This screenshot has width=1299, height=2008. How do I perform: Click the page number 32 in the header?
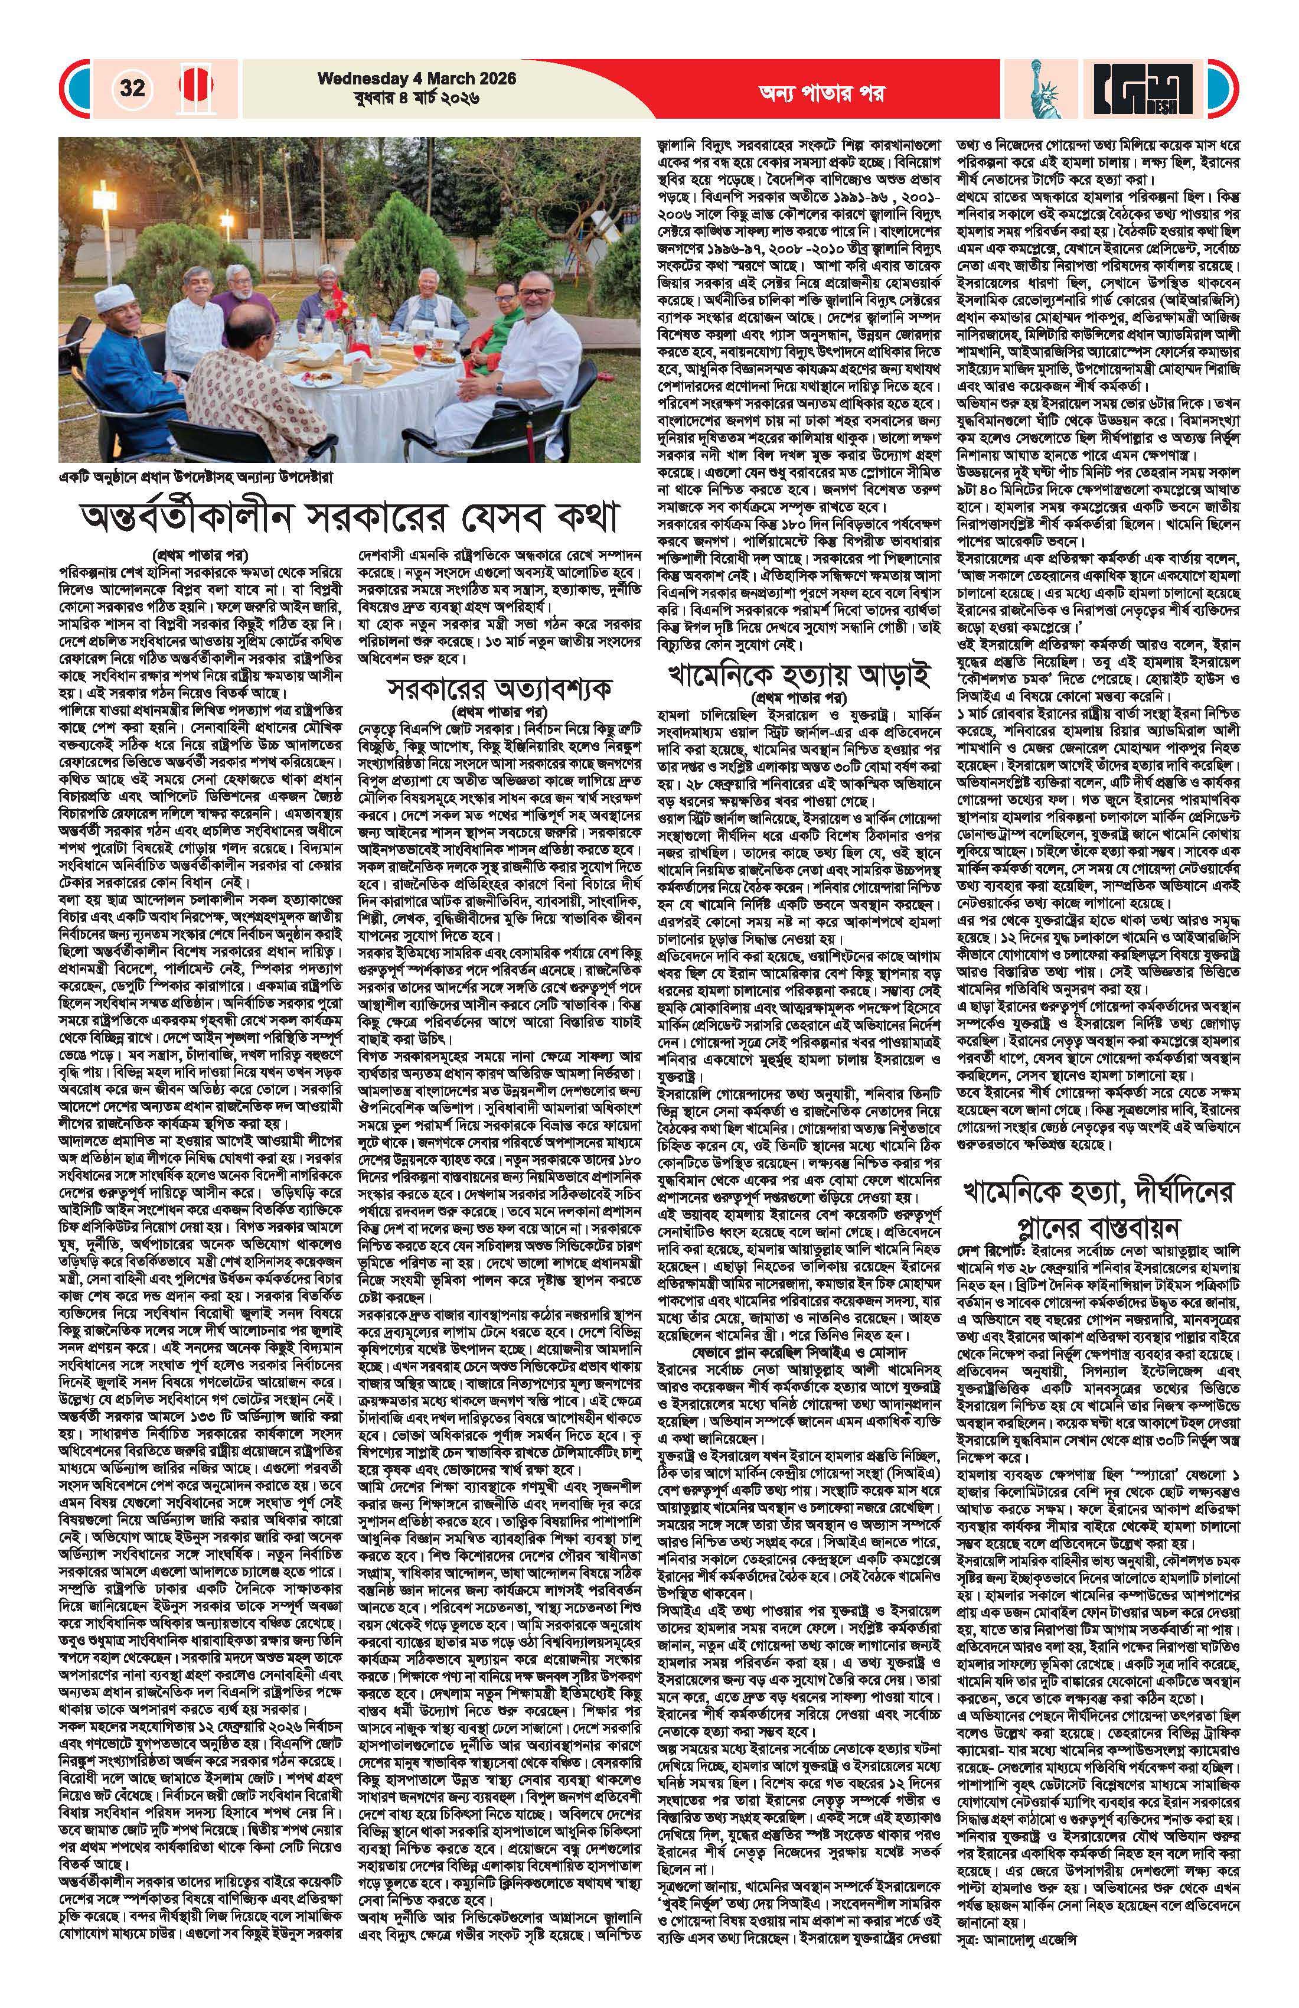click(132, 88)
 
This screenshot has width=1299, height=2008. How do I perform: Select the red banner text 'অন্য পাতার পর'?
click(810, 93)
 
